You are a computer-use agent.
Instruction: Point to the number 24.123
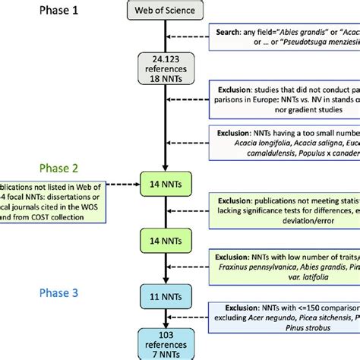(161, 58)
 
